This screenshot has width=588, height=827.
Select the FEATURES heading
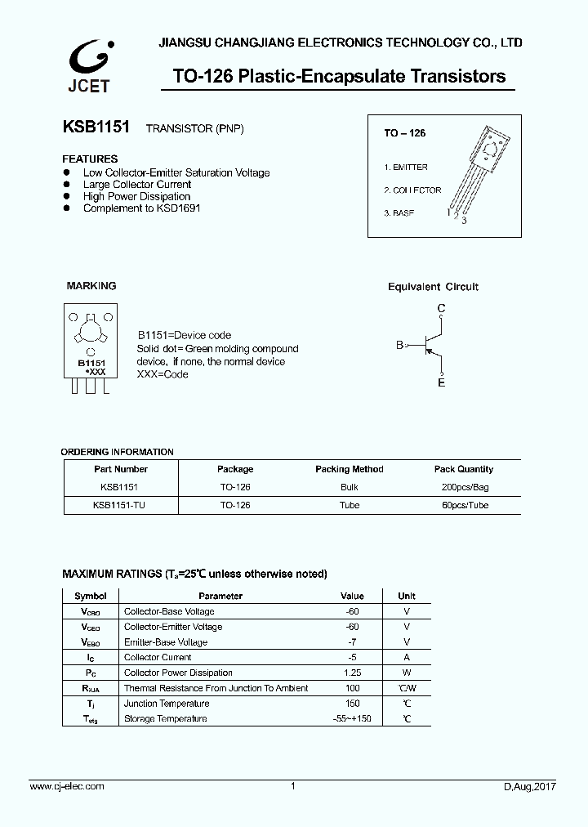click(90, 159)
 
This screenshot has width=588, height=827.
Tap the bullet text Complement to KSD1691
click(141, 208)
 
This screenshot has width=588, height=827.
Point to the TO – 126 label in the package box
click(405, 132)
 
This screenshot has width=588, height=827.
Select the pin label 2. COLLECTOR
click(412, 190)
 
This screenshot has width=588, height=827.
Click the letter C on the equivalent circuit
click(441, 308)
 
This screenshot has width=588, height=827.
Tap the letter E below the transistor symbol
click(441, 382)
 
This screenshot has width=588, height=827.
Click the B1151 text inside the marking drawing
click(92, 362)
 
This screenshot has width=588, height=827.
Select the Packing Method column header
click(349, 469)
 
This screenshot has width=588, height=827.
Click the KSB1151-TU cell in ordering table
click(120, 505)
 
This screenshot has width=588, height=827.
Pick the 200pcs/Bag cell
click(463, 487)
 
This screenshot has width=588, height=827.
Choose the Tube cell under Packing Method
click(349, 505)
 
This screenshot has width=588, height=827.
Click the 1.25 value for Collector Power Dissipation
click(352, 673)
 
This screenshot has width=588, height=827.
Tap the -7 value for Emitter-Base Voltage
click(352, 642)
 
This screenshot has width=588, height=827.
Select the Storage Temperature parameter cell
click(164, 718)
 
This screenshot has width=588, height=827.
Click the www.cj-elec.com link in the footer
click(67, 786)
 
